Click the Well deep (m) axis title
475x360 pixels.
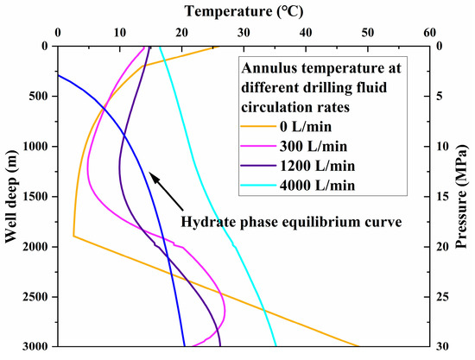click(11, 196)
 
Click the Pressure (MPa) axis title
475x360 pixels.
click(465, 196)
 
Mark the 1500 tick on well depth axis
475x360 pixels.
click(35, 197)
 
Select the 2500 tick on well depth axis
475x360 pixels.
click(35, 297)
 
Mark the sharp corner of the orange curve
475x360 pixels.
click(73, 236)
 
